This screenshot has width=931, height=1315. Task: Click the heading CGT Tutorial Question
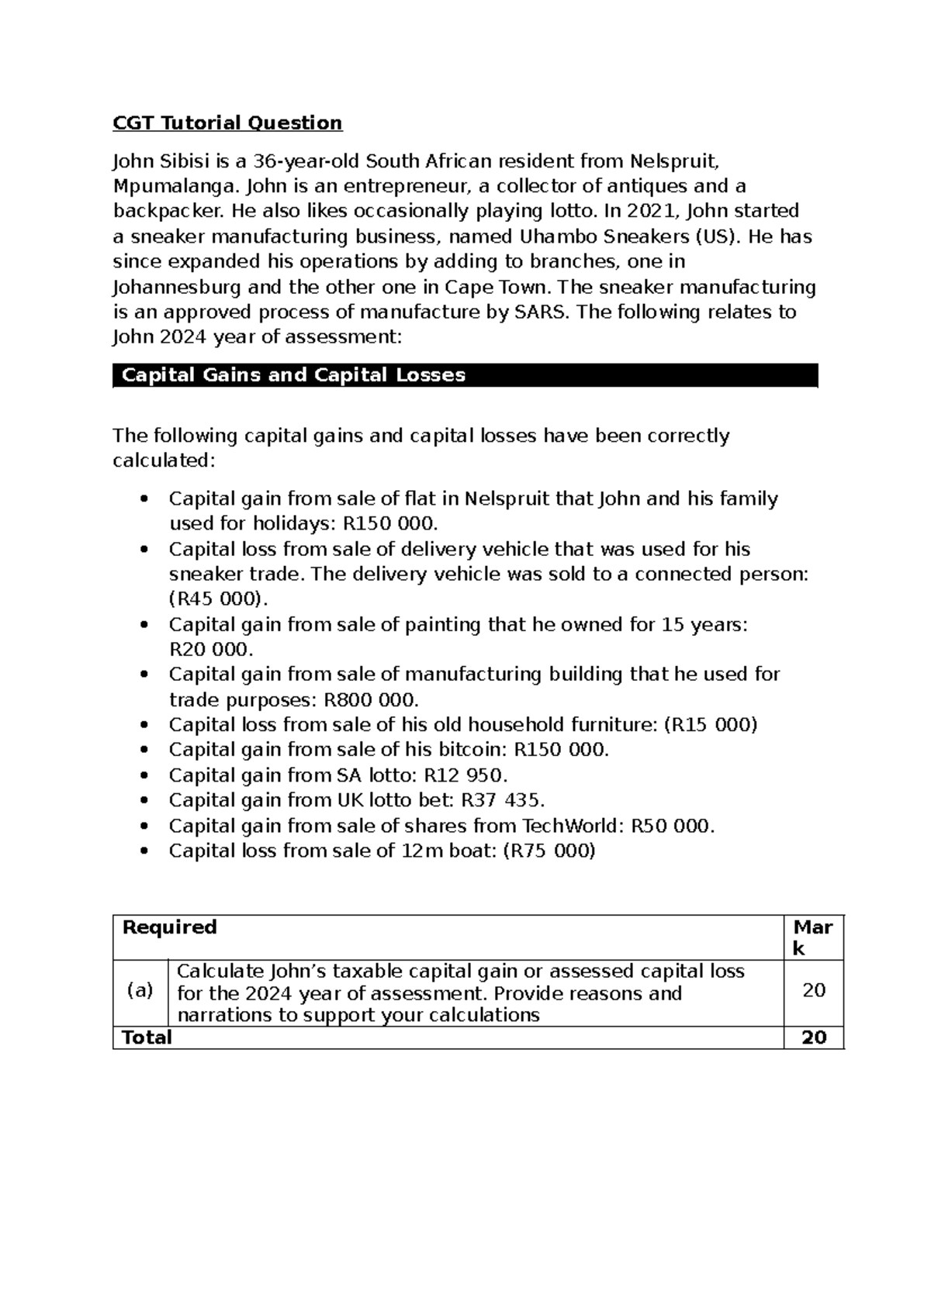tap(227, 123)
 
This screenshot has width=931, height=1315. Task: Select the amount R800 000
tap(369, 700)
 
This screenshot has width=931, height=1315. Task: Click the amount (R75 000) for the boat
tap(549, 851)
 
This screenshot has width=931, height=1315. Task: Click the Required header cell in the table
tap(170, 927)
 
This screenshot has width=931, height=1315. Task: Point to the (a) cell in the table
tap(140, 991)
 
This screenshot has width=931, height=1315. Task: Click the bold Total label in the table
tap(147, 1037)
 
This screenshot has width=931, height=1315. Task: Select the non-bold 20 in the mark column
tap(813, 990)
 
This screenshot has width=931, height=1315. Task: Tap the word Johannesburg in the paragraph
tap(177, 288)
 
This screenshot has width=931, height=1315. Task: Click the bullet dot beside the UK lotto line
tap(143, 801)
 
